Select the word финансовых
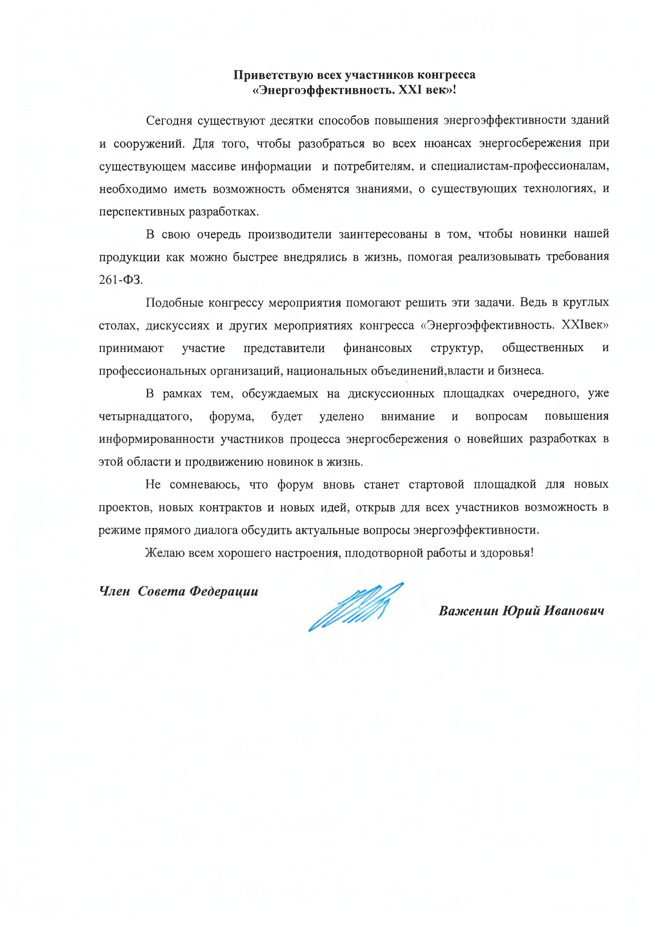tap(378, 348)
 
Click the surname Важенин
tap(468, 611)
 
